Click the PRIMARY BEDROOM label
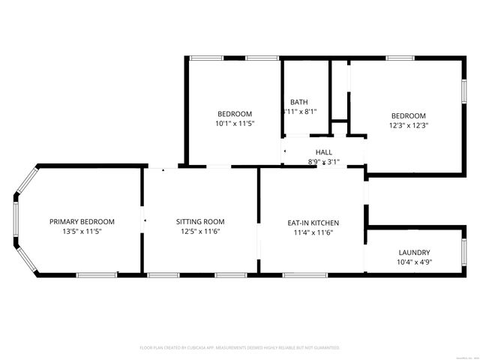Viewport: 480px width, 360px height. (82, 221)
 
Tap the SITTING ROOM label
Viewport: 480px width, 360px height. (200, 221)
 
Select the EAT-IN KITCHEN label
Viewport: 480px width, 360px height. (313, 223)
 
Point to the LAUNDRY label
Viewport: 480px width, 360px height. (414, 253)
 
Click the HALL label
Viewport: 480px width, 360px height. (323, 152)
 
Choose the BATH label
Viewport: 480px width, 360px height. (298, 102)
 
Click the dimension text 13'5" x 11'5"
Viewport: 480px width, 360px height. (82, 232)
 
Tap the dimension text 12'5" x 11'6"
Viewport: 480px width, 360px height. (200, 232)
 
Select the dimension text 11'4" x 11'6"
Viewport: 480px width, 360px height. (313, 233)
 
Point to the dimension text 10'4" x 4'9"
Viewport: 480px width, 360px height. (414, 262)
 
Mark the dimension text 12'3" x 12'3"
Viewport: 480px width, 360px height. (408, 125)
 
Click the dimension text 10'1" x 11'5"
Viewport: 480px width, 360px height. (235, 124)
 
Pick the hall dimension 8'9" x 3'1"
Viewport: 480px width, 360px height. (323, 161)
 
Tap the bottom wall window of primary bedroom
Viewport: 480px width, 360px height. (96, 275)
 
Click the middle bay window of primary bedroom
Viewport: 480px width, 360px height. (16, 221)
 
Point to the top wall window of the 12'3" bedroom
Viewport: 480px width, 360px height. (401, 58)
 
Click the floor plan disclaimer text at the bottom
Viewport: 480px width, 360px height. (240, 348)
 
